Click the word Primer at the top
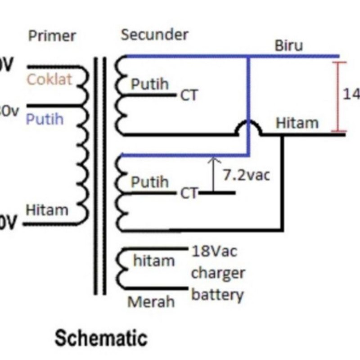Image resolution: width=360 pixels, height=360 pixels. (x=52, y=36)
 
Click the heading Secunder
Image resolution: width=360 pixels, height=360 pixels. (x=154, y=35)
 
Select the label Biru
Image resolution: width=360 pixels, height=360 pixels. (x=289, y=45)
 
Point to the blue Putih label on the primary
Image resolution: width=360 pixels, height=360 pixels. (x=44, y=119)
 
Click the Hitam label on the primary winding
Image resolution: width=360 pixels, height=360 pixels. (x=47, y=210)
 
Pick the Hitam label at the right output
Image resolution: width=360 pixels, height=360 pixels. (x=297, y=123)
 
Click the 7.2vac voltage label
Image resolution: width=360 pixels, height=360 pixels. (x=247, y=175)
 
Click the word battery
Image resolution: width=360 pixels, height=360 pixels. (x=217, y=295)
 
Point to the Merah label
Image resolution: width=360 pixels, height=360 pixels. (x=151, y=301)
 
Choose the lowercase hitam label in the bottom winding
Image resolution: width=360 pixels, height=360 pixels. (x=154, y=261)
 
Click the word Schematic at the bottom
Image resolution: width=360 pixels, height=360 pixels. (x=101, y=338)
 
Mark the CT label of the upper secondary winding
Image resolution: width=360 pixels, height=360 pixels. (x=189, y=96)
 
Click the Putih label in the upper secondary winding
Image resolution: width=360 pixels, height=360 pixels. (x=150, y=84)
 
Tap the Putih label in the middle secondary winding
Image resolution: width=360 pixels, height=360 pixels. (x=150, y=182)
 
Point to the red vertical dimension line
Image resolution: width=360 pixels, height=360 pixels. (x=339, y=97)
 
